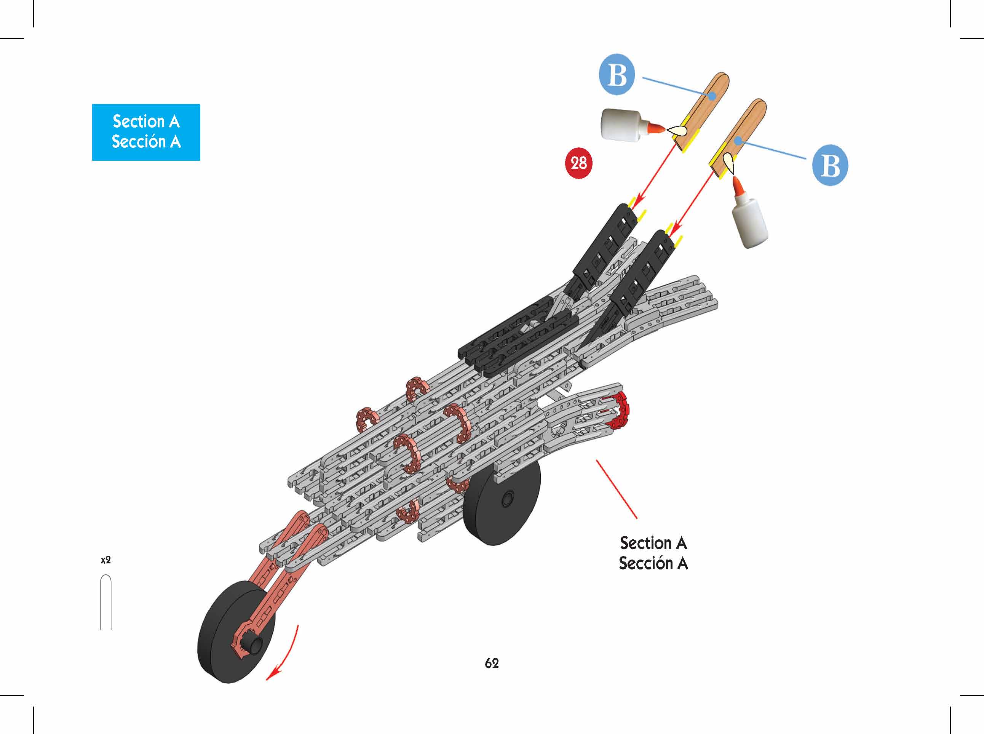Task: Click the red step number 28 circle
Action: pyautogui.click(x=578, y=163)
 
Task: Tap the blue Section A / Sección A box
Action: pyautogui.click(x=146, y=132)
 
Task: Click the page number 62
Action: pyautogui.click(x=492, y=664)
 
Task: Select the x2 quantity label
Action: pyautogui.click(x=106, y=560)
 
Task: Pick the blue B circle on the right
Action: pyautogui.click(x=830, y=165)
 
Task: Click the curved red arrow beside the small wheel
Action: pyautogui.click(x=284, y=653)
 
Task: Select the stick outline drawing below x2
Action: pyautogui.click(x=106, y=602)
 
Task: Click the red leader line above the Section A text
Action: pyautogui.click(x=616, y=489)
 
